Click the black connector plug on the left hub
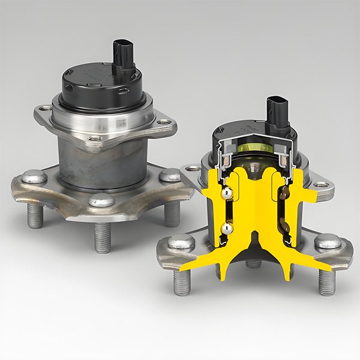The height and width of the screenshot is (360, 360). click(123, 55)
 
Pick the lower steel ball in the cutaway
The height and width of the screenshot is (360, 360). click(226, 228)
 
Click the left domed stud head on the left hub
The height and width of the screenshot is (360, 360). click(34, 177)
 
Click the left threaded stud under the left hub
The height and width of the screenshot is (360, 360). click(35, 216)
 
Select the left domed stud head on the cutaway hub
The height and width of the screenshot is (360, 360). click(180, 242)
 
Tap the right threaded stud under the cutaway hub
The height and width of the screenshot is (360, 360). click(327, 281)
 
